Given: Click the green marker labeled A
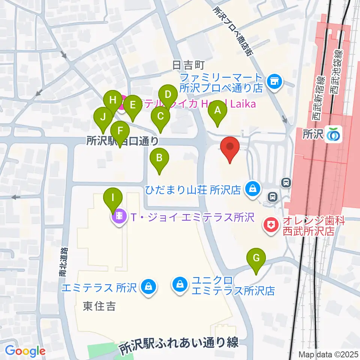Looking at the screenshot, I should click(x=217, y=111).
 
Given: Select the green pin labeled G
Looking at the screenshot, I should click(x=256, y=258).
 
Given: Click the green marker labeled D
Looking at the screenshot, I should click(x=168, y=94).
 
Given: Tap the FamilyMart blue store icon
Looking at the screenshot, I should click(x=274, y=80).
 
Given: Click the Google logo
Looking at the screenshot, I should click(x=25, y=351).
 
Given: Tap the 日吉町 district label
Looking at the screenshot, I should click(x=187, y=65).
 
